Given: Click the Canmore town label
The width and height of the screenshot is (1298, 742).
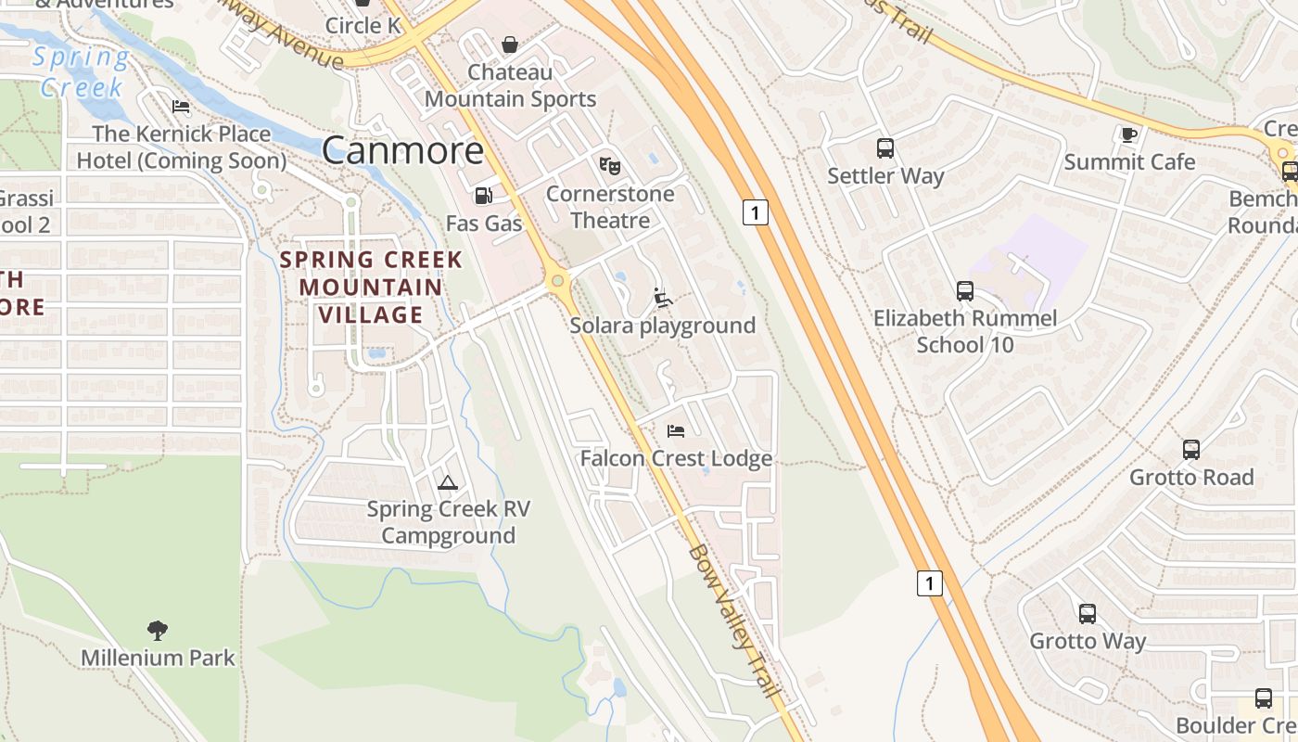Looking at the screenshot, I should [x=403, y=150].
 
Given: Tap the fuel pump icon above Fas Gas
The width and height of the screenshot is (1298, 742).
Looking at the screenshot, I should [x=483, y=196].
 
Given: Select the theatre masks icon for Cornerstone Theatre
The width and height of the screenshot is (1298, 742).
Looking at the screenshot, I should [x=609, y=165].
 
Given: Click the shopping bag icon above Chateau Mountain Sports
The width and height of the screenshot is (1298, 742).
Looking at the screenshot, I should [x=509, y=45].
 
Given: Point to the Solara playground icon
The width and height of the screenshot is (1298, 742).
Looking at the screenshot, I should [x=662, y=298].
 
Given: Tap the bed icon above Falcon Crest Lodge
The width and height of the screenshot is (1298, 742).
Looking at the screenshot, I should [x=676, y=430].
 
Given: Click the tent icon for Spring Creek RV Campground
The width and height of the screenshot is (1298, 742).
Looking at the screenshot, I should [x=448, y=482].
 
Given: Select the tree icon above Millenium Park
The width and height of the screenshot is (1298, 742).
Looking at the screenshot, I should [x=158, y=631].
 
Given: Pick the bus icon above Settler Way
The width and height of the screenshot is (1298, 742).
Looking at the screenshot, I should [x=885, y=147].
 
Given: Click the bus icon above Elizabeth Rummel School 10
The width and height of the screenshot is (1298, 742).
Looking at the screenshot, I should [x=965, y=291].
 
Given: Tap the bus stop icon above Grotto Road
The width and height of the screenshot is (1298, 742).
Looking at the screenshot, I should [x=1191, y=450].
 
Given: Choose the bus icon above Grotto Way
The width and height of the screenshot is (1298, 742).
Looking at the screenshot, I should [x=1088, y=614].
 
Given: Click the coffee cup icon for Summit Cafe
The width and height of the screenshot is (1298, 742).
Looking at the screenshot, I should [x=1128, y=134].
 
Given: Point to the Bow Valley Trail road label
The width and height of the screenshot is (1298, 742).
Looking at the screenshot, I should [x=734, y=620].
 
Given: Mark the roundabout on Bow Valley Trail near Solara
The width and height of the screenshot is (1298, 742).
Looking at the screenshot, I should [x=557, y=280].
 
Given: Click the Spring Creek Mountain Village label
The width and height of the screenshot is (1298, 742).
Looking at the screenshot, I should [x=371, y=287].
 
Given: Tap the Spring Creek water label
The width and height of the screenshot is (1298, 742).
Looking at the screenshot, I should [x=82, y=72].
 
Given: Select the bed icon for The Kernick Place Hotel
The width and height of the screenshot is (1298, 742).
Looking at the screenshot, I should [x=181, y=107].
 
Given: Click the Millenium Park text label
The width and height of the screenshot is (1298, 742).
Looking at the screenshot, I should [x=158, y=659].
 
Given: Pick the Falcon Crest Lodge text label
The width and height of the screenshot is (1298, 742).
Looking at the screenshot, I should [x=676, y=458].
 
